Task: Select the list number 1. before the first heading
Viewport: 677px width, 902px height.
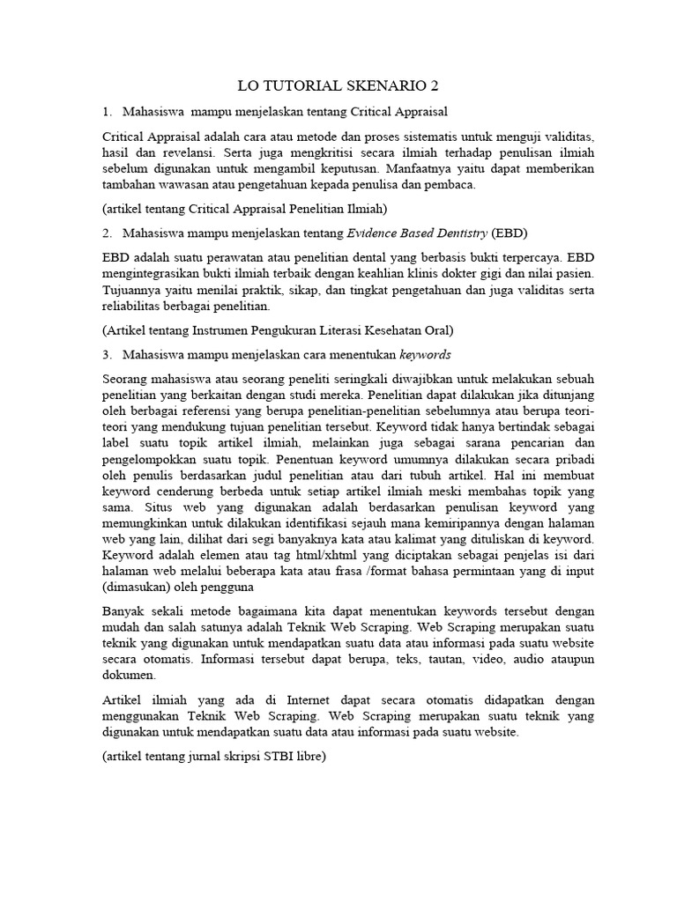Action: click(x=107, y=112)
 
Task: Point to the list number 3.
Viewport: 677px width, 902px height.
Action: click(x=107, y=354)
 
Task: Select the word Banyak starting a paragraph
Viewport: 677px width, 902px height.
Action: click(x=124, y=611)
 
